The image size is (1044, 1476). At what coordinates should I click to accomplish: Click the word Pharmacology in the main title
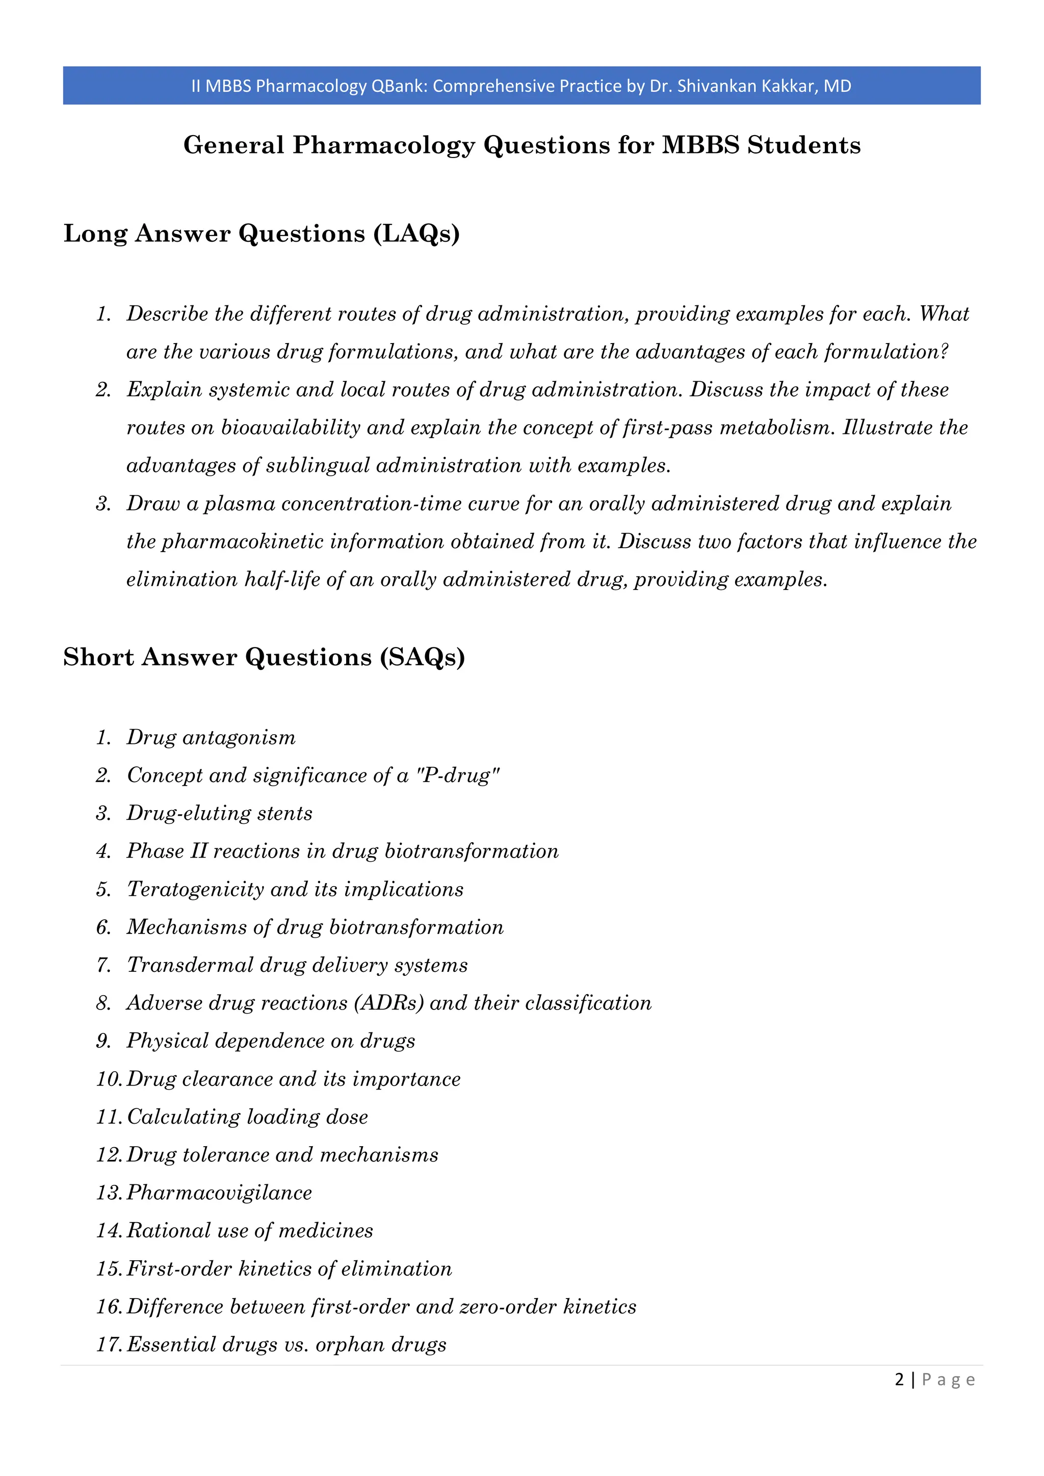[384, 145]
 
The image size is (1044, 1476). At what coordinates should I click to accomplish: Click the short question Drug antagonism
[211, 737]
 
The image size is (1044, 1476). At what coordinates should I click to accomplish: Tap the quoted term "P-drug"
[458, 775]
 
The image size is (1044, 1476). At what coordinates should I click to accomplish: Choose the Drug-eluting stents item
[219, 813]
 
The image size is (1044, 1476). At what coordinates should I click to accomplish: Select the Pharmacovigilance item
[219, 1193]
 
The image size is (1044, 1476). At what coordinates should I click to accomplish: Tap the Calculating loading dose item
[248, 1117]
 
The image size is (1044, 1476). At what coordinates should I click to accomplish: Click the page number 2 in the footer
[899, 1380]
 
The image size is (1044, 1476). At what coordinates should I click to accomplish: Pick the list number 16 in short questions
[109, 1306]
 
